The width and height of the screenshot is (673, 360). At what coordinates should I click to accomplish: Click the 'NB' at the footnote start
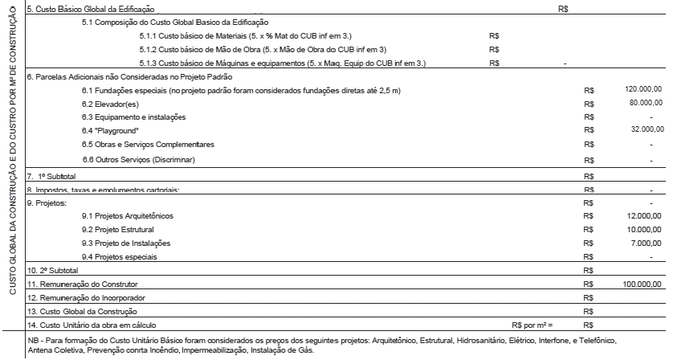tap(32, 341)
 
